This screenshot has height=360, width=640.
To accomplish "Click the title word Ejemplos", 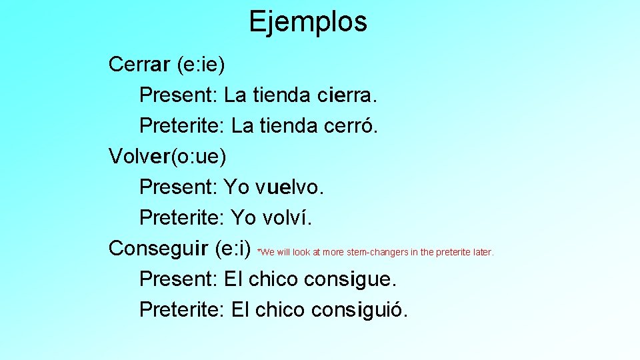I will tap(307, 21).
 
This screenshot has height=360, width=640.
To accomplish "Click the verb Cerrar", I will tap(139, 65).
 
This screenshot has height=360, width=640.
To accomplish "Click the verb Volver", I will tap(139, 157).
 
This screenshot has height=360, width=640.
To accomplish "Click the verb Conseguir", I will tap(159, 249).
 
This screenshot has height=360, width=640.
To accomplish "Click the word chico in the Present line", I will tap(273, 279).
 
